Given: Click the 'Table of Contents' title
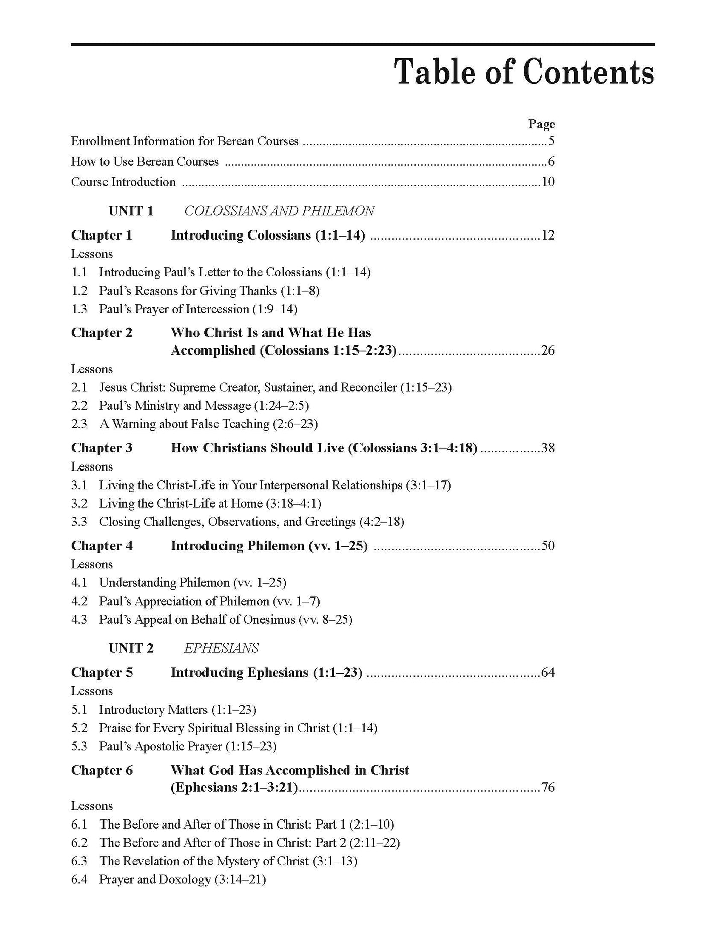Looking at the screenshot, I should point(525,73).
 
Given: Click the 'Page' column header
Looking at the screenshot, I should point(541,124).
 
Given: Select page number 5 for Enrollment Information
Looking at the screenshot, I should point(551,141).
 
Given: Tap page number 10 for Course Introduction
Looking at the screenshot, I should point(548,182).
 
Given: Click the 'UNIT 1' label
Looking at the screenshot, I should point(131,211).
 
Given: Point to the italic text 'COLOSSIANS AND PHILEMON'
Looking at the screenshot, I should point(279,211).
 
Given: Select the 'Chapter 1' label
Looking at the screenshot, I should point(101,235).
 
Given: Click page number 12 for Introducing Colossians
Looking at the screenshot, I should point(548,235).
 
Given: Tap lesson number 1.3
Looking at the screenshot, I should point(79,309).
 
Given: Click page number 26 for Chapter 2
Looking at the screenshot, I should point(548,350).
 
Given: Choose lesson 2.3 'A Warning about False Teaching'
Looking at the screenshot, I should point(209,424).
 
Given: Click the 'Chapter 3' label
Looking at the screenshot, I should point(101,448).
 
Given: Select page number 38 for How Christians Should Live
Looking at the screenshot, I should point(548,448).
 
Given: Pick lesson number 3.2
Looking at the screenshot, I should point(79,504).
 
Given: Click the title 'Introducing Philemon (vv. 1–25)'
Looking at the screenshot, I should point(269,546).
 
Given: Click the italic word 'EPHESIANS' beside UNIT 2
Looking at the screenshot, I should point(222,648).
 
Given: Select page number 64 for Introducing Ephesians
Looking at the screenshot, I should point(548,672).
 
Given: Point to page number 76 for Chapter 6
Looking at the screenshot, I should point(548,787).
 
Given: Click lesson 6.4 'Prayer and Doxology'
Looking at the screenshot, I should point(182,879).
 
